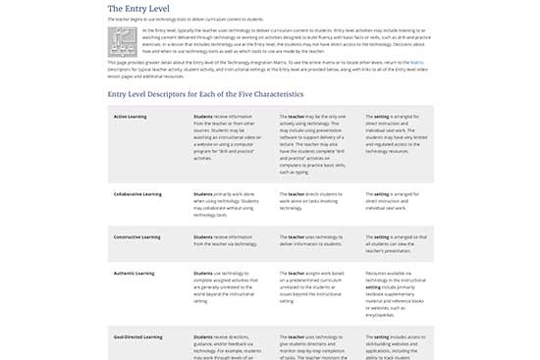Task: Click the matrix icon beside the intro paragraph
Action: (123, 41)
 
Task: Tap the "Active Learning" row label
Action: (131, 116)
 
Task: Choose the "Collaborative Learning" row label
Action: (136, 194)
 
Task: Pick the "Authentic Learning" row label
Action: (134, 273)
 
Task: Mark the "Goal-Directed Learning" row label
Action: (137, 335)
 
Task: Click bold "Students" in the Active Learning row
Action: (203, 116)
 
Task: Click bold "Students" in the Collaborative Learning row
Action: (203, 194)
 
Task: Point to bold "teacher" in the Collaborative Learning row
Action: (297, 194)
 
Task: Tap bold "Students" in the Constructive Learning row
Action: (203, 236)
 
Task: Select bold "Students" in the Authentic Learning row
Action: (203, 273)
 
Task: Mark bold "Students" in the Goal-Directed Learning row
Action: (203, 335)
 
